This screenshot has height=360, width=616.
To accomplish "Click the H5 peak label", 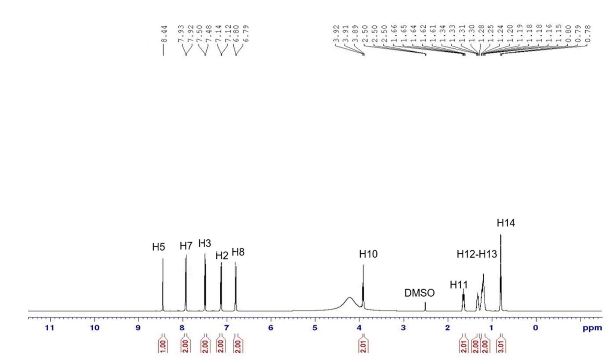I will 158,247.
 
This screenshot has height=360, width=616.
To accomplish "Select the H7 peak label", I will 186,246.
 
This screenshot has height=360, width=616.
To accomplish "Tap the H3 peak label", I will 204,243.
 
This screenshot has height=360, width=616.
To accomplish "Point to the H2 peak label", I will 222,256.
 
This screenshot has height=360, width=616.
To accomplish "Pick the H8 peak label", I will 238,252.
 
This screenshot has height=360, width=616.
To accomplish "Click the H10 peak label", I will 368,254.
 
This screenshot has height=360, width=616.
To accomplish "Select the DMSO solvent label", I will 419,293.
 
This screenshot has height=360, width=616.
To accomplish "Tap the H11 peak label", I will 459,285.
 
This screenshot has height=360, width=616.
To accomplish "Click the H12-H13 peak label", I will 476,254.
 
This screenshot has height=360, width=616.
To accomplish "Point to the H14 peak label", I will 506,223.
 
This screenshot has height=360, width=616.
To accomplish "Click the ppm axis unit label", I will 592,328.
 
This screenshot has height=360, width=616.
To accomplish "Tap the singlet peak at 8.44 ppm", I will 163,285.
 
